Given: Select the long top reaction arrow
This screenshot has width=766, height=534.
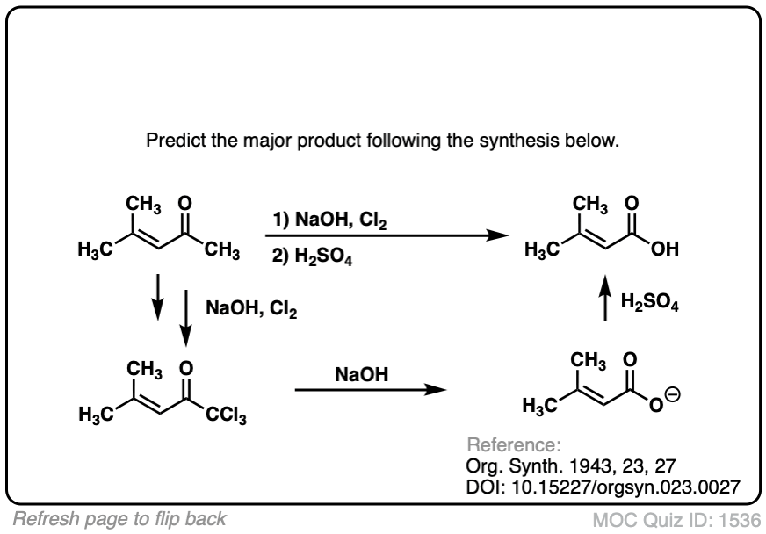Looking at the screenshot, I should tap(387, 236).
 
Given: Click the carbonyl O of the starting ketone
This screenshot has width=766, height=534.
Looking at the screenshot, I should tap(184, 204).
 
